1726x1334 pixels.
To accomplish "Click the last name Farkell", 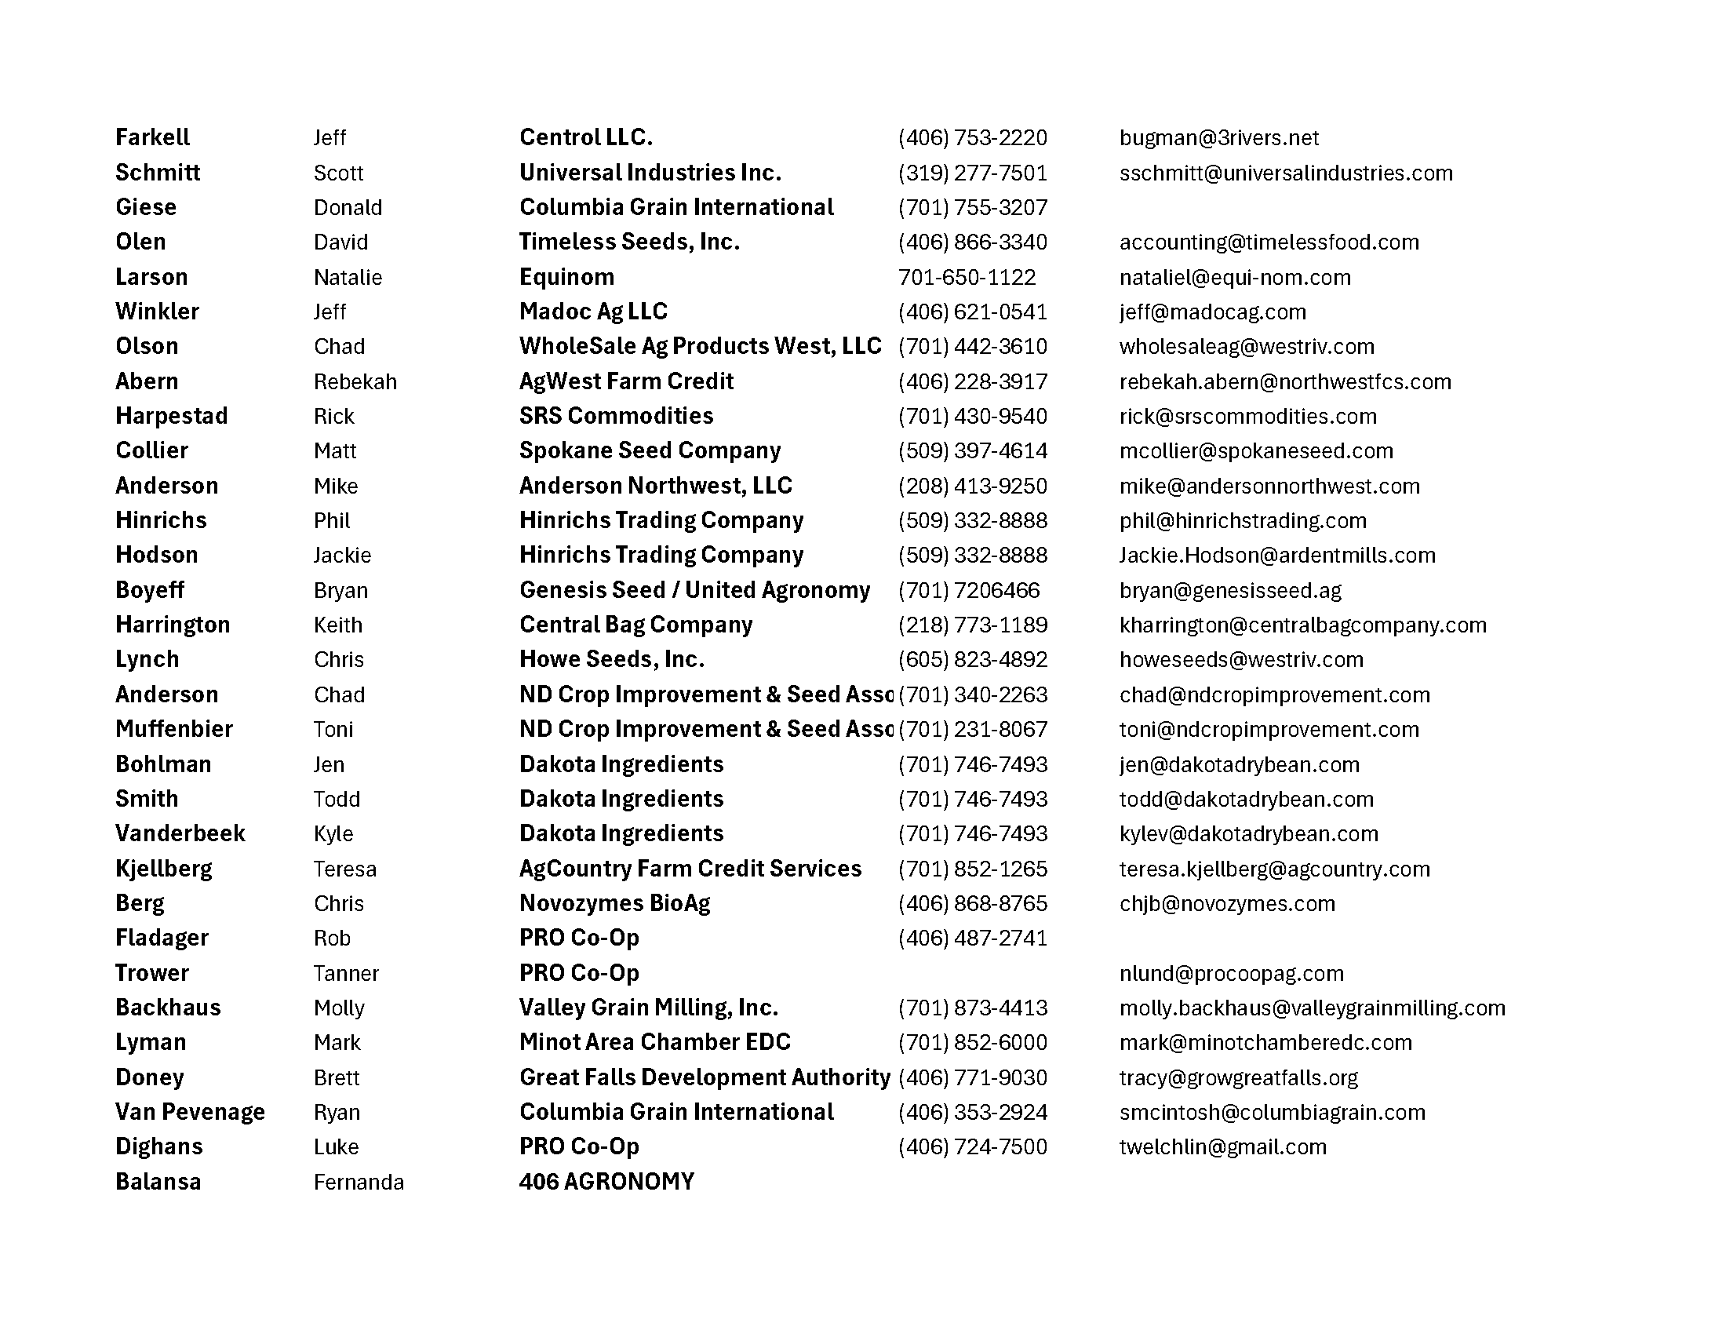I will (x=152, y=137).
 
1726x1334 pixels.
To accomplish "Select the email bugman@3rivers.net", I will (x=1218, y=138).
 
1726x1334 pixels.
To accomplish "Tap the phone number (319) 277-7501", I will (x=972, y=173).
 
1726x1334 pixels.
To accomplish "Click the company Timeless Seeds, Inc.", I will (x=629, y=242).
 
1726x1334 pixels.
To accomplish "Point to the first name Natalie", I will (x=348, y=277).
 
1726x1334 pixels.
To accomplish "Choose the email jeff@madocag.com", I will (x=1212, y=312).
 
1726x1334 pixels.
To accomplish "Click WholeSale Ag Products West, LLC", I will (x=700, y=346).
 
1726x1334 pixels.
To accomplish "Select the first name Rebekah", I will (x=355, y=381).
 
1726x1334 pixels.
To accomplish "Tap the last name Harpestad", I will (x=172, y=416).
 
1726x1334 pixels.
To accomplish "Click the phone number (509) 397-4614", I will (x=972, y=451).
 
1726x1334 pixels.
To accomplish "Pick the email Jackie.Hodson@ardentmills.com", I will (x=1277, y=556).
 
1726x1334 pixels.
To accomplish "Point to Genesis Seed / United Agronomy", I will (x=694, y=590).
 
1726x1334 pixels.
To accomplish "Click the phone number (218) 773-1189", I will (x=972, y=625).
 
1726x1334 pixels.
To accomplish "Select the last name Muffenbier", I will (x=174, y=729).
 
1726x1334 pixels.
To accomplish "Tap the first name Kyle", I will (x=333, y=833).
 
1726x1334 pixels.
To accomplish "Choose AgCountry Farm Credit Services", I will (x=690, y=869).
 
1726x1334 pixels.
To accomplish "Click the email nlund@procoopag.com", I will (x=1231, y=973).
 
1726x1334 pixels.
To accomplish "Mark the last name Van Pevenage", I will (x=190, y=1112).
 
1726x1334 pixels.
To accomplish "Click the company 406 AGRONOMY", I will (x=606, y=1182).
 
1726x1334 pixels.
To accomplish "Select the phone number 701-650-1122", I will (x=967, y=277).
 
